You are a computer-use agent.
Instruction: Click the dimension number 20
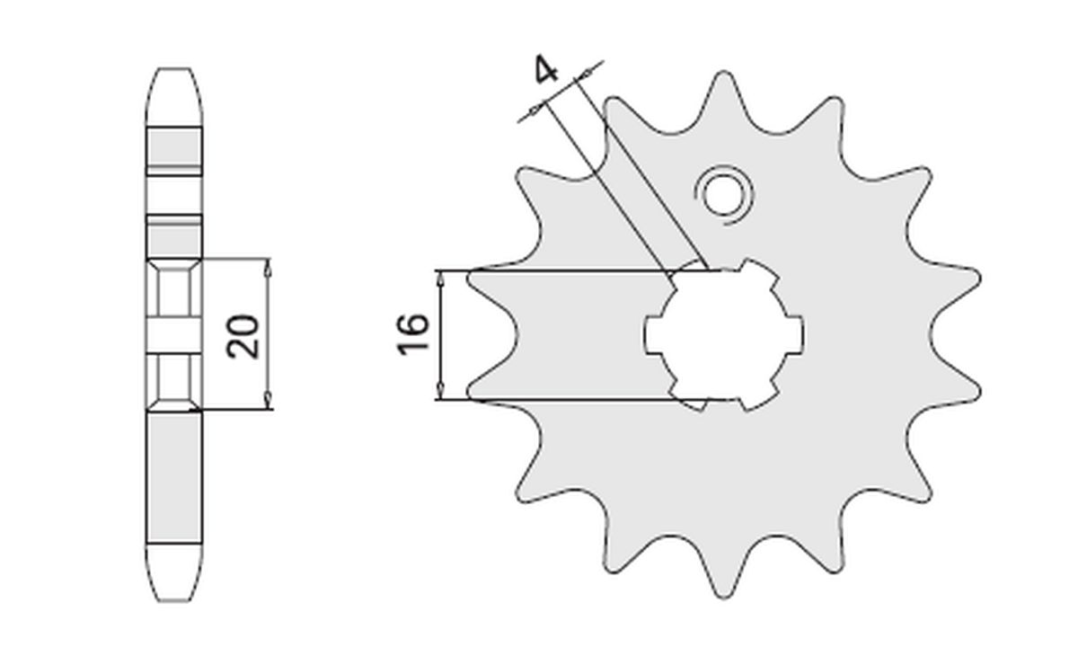243,335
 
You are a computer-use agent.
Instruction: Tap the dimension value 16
412,334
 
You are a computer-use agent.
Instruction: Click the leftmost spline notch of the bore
652,334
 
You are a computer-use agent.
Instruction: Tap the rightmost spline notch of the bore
796,334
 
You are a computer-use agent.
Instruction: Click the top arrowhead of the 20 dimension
267,266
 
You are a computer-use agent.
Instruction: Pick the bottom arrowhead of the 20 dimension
267,403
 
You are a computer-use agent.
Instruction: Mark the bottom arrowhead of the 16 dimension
440,390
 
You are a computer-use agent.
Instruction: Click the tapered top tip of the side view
174,81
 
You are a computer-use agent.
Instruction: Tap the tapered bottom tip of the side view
174,589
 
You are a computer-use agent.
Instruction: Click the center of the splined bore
724,334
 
